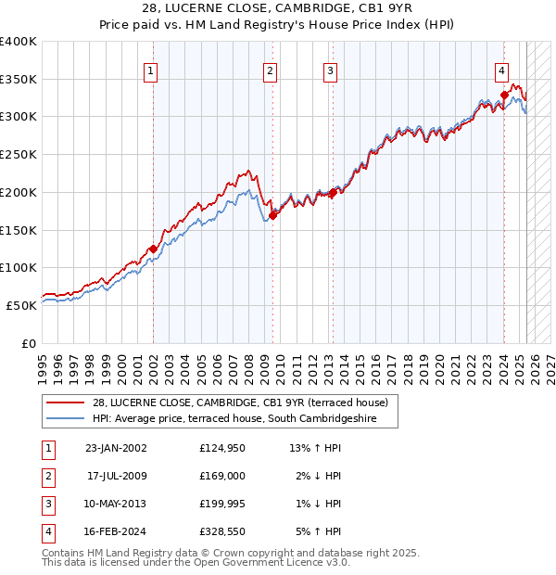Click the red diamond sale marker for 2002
pos(153,249)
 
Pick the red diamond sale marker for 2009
pos(272,215)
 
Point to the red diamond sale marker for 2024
pos(504,94)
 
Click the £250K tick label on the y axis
pos(19,154)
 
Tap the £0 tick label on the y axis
pos(28,343)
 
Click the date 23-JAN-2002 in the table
pos(116,448)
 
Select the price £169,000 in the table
pos(222,475)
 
